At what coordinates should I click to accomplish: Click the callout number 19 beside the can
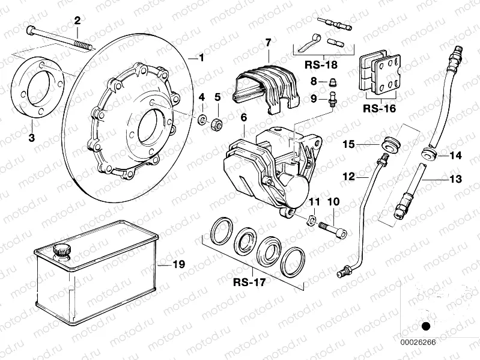[x=178, y=264]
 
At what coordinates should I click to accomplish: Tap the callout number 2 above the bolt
[x=77, y=22]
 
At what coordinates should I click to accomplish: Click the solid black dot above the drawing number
[x=427, y=326]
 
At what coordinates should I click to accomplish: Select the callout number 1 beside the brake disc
[x=201, y=58]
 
